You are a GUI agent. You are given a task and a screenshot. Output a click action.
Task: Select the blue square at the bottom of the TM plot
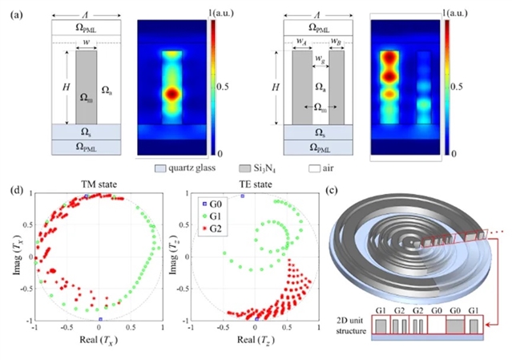point(100,319)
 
